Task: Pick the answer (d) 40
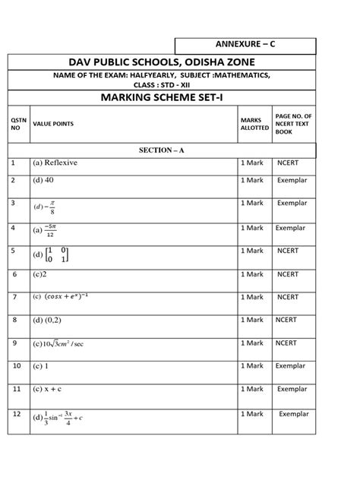click(x=44, y=182)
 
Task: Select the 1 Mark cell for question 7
click(x=251, y=297)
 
